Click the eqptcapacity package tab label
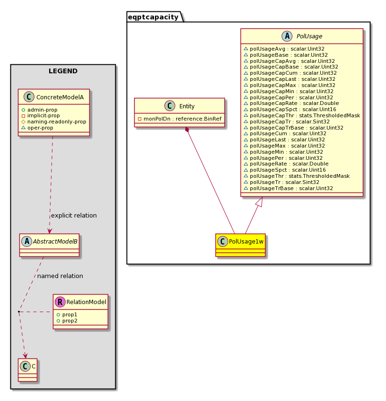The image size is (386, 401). (x=153, y=17)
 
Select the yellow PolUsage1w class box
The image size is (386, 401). (x=240, y=245)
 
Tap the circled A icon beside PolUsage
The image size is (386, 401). (x=287, y=36)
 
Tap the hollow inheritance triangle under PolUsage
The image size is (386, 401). (x=259, y=202)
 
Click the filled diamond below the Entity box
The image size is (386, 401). (x=187, y=130)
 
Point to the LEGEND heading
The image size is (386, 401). (x=63, y=71)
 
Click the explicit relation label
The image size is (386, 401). (x=74, y=216)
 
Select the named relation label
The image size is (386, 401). (x=60, y=276)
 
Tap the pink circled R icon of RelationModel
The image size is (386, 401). (x=60, y=302)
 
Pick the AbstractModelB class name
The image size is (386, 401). (x=55, y=242)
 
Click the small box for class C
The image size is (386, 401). (x=27, y=370)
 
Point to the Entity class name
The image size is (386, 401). (x=187, y=106)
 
